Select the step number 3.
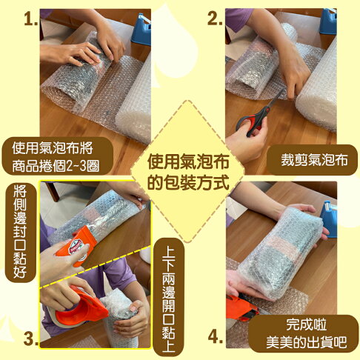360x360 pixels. point(30,339)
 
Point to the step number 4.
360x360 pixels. point(216,338)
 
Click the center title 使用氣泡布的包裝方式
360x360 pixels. point(180,172)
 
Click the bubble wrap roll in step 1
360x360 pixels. point(133,100)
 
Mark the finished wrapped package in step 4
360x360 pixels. point(278,248)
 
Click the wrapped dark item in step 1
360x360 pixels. point(74,70)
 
